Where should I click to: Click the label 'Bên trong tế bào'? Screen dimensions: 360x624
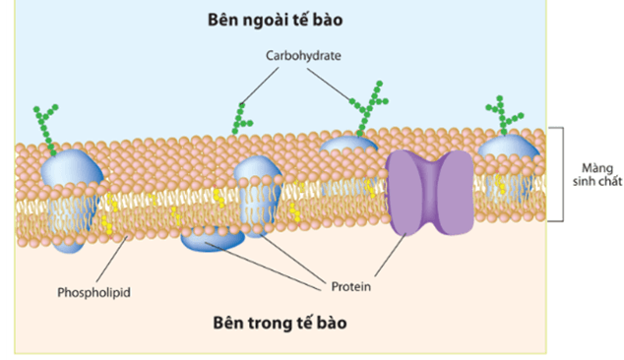(x=281, y=322)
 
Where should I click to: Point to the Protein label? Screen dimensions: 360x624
(x=349, y=288)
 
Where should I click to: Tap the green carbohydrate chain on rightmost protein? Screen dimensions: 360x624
(x=507, y=113)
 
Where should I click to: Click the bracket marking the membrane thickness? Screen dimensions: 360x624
(x=560, y=173)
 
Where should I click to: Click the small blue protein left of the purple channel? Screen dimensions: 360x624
(x=350, y=145)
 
